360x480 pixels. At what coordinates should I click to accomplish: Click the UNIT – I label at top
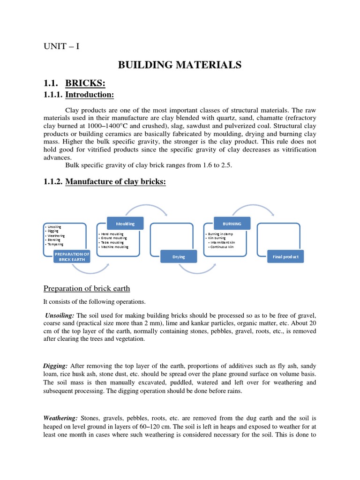[61, 46]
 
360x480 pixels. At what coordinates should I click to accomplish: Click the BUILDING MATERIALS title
[180, 65]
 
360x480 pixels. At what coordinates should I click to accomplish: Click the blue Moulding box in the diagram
[126, 224]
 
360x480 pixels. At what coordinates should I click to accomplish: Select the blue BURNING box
[232, 224]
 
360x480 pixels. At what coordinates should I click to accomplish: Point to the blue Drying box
[179, 257]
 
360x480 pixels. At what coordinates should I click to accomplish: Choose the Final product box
[285, 257]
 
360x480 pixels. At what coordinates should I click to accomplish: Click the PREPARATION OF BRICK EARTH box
[72, 256]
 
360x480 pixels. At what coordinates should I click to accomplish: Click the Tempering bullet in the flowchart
[55, 244]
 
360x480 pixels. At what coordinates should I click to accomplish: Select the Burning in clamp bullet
[221, 233]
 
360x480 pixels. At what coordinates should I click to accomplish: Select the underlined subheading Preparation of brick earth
[87, 288]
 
